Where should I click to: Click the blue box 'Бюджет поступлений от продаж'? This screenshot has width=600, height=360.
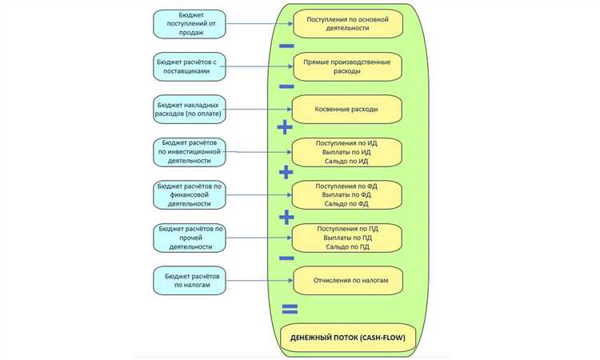pos(190,23)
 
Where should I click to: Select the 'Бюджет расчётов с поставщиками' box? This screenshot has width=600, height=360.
pos(190,66)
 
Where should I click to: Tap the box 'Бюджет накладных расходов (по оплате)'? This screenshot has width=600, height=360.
pos(190,110)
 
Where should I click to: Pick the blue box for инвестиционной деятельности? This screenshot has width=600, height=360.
pos(190,152)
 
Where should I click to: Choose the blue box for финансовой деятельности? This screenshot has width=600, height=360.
pos(190,195)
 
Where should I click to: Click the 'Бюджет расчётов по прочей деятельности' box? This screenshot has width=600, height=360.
pos(190,238)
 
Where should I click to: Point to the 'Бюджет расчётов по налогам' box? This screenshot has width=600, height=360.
pos(190,281)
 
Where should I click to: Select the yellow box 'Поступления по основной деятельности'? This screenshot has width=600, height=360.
pos(347,22)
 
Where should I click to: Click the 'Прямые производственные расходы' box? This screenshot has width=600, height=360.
pos(347,66)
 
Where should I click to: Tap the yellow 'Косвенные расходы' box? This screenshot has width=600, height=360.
pos(347,109)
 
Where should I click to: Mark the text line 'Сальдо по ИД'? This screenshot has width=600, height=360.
pos(347,162)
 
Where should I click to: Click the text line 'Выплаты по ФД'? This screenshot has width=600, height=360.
pos(347,194)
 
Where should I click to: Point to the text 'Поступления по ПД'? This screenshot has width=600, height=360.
pos(347,227)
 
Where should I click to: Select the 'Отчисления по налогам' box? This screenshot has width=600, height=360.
pos(347,281)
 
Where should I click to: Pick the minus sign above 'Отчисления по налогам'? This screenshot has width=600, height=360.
pos(286,258)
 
